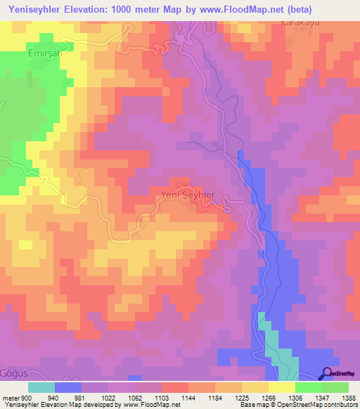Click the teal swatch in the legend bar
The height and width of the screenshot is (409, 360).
point(41,387)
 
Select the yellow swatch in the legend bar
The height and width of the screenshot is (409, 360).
point(281,387)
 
